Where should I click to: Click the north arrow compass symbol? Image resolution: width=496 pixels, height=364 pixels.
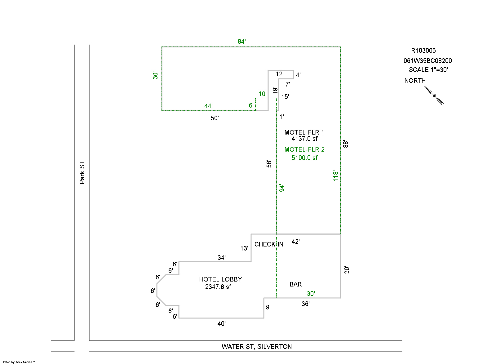[434, 95]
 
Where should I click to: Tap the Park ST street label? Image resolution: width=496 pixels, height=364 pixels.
[82, 172]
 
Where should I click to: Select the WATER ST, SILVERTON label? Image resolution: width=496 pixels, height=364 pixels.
[257, 347]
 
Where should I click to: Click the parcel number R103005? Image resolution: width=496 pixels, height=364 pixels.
[423, 51]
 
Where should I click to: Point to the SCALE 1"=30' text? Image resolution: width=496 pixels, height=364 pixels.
[428, 70]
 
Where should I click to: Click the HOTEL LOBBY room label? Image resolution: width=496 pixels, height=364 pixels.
[220, 279]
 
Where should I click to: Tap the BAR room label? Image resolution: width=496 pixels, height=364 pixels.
[295, 284]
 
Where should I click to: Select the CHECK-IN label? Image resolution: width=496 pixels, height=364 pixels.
[269, 244]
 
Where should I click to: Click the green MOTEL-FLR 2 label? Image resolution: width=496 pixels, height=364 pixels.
[304, 149]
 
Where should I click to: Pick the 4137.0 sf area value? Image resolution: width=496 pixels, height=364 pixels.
[304, 139]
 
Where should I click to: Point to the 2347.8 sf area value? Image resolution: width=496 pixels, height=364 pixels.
[218, 287]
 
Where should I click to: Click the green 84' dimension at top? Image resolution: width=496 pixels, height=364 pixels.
[242, 42]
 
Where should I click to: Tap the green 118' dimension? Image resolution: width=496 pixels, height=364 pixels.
[336, 175]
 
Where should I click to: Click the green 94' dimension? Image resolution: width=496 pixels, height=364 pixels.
[282, 188]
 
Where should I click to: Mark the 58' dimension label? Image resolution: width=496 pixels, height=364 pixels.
[269, 164]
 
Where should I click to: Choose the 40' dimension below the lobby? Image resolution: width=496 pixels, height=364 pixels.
[221, 324]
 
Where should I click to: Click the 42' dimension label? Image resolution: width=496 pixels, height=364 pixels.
[295, 242]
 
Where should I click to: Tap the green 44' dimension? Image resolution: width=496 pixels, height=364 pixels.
[208, 106]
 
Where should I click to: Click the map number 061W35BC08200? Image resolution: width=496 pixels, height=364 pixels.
[427, 61]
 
